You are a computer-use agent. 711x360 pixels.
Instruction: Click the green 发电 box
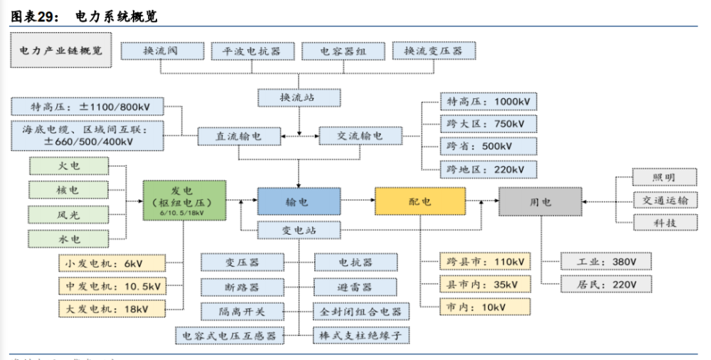(x=184, y=201)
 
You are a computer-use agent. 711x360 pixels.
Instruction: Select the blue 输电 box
(x=298, y=202)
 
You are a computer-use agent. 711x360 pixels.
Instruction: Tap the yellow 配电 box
(x=420, y=201)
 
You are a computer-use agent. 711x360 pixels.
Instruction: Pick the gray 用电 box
(x=540, y=201)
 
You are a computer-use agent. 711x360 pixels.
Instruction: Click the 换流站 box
(x=299, y=97)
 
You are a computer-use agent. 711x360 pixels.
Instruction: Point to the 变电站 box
(x=298, y=229)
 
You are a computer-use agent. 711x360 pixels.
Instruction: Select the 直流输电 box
(x=238, y=135)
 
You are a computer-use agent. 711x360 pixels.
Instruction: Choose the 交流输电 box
(x=360, y=135)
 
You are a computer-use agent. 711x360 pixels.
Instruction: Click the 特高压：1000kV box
(x=488, y=102)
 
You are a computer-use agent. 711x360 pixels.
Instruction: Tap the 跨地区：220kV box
(x=488, y=169)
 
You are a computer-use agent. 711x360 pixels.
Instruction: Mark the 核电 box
(x=69, y=190)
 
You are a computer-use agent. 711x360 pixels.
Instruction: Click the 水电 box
(x=69, y=238)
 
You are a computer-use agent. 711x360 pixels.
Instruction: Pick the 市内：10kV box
(x=488, y=307)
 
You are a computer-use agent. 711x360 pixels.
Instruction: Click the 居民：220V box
(x=606, y=285)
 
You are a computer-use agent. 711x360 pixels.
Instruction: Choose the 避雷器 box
(x=355, y=287)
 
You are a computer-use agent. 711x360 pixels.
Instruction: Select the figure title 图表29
(x=33, y=14)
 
